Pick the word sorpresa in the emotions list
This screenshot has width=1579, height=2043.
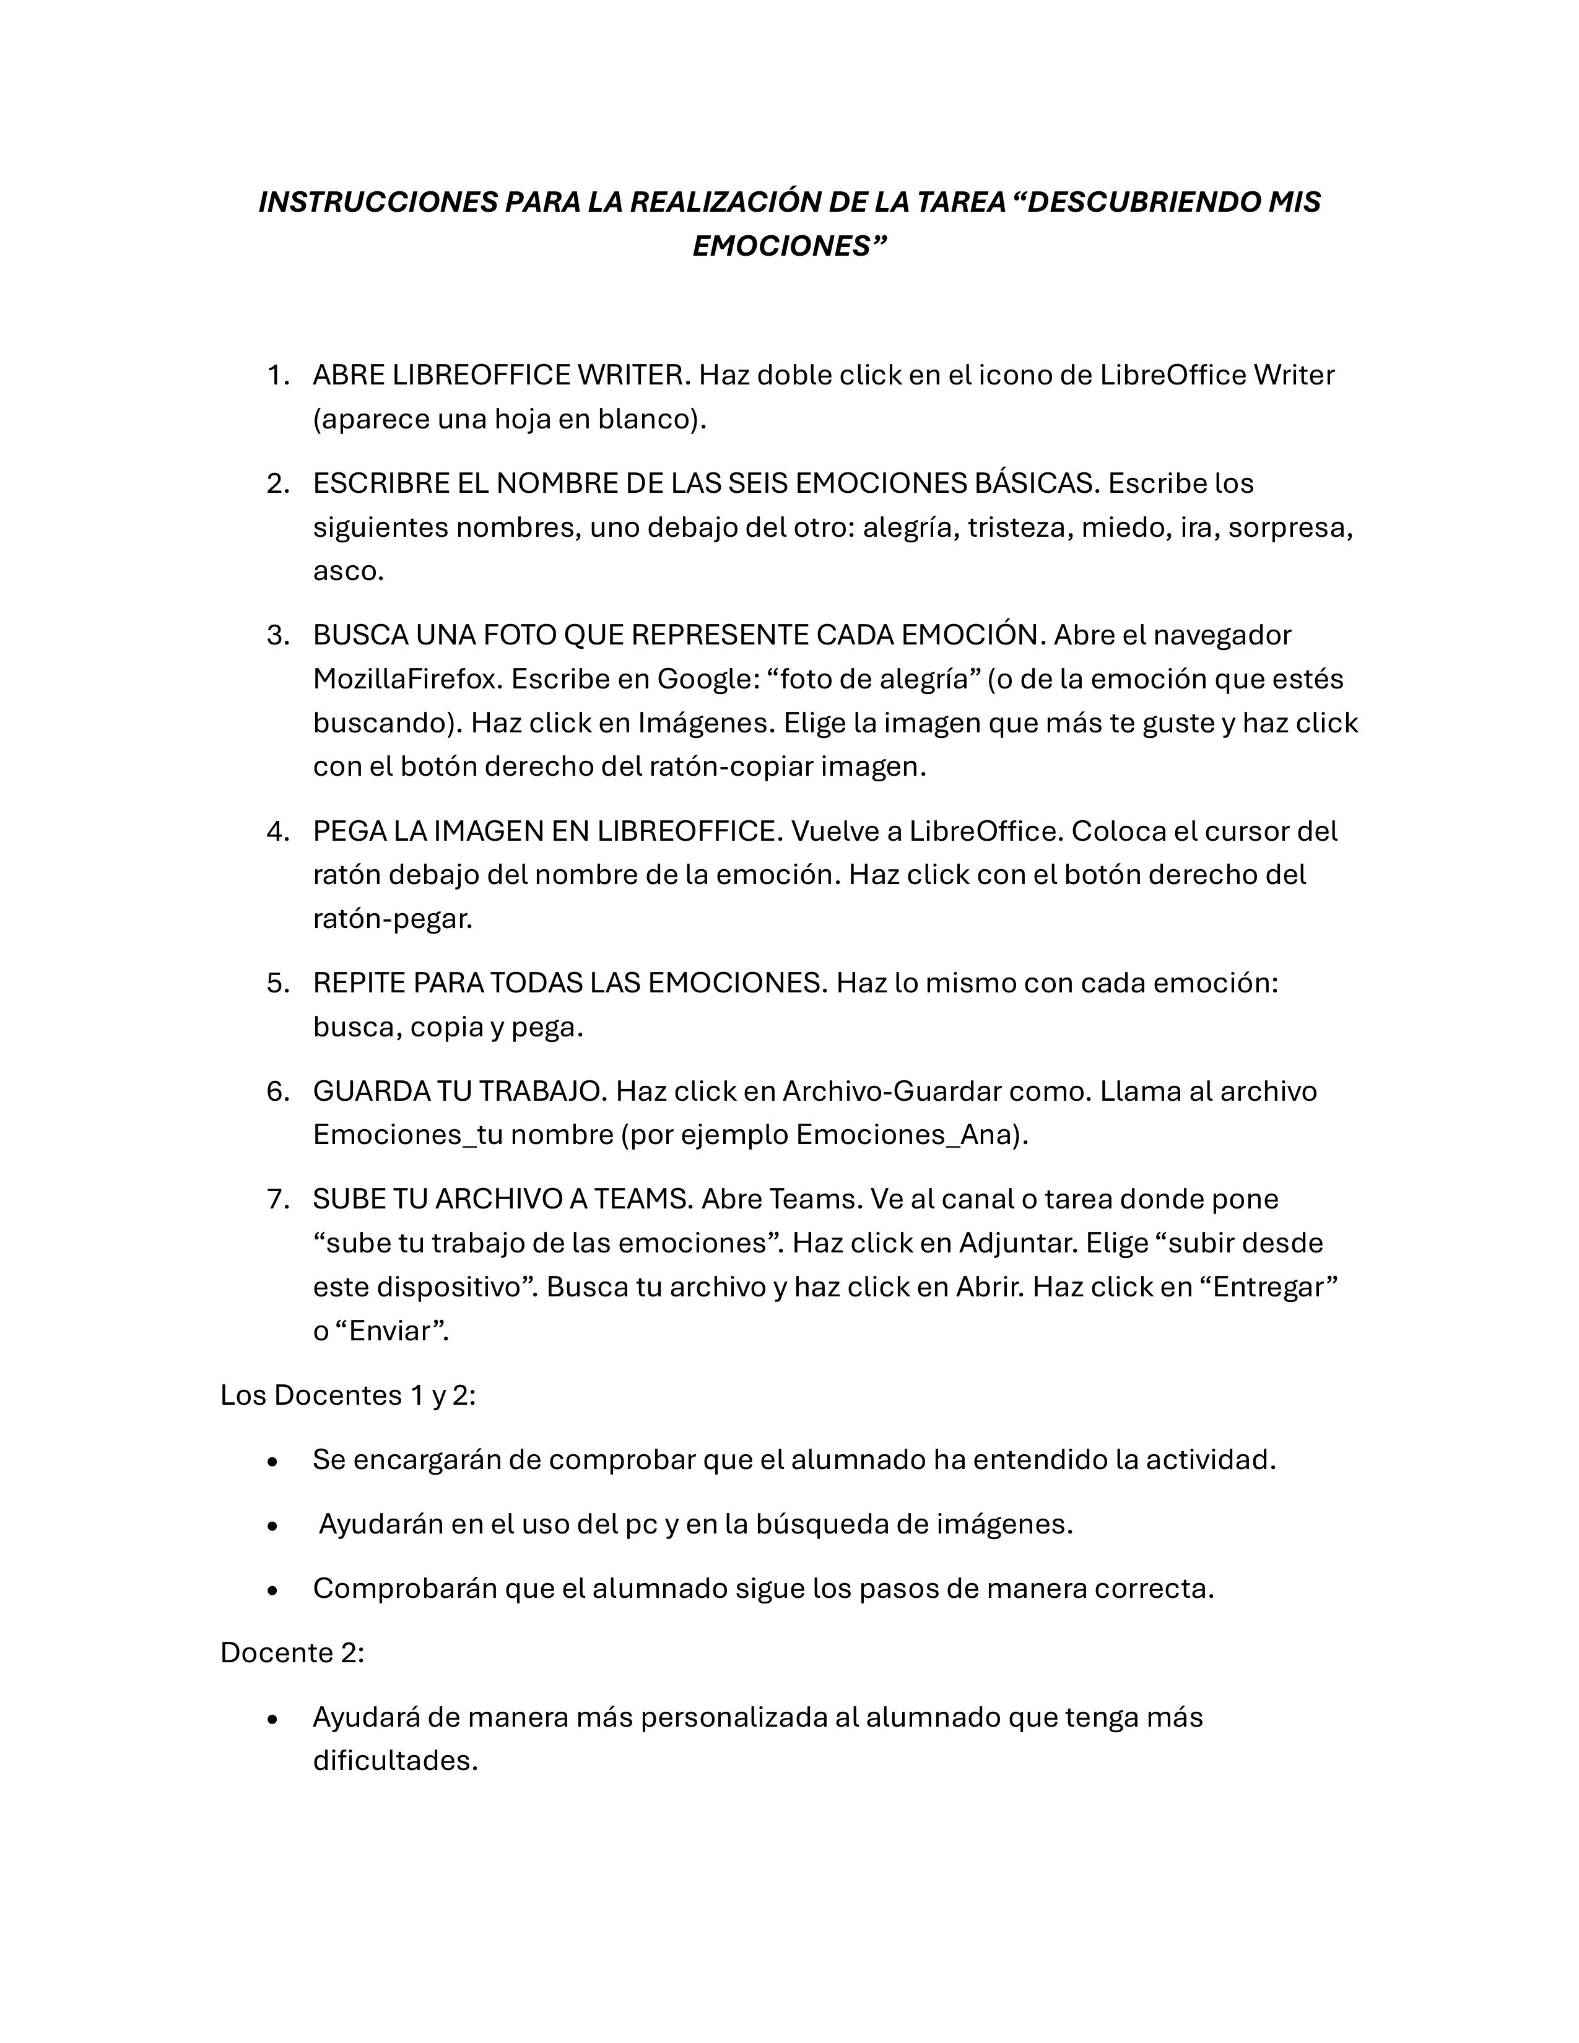[x=1289, y=527]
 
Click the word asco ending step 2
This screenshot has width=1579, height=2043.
[x=346, y=571]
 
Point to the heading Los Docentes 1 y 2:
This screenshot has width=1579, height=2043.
[x=348, y=1395]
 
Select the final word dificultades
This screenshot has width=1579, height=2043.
[x=395, y=1761]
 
